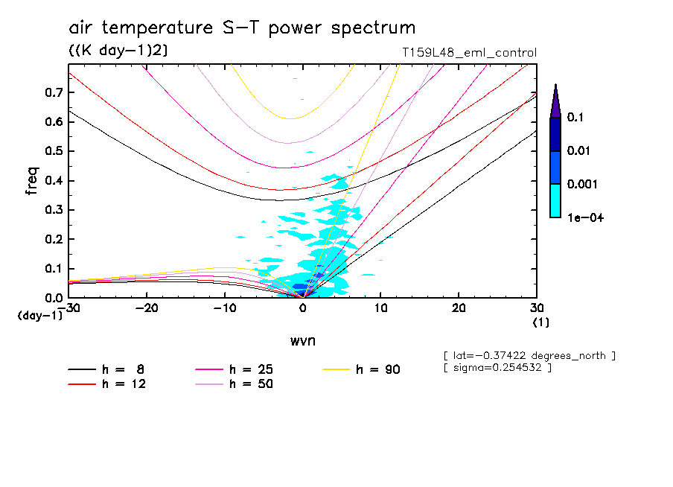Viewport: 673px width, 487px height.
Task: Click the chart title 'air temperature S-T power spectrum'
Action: point(242,29)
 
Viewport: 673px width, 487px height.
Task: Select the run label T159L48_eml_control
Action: point(468,53)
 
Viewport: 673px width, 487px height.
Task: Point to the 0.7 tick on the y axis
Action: point(52,92)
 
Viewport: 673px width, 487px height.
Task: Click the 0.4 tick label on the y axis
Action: point(52,181)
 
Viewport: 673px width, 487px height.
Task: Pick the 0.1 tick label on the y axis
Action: point(52,269)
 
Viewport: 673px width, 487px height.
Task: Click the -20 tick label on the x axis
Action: point(147,308)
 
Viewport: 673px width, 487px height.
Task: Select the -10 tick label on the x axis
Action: point(225,308)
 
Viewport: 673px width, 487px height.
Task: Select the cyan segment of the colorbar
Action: point(555,200)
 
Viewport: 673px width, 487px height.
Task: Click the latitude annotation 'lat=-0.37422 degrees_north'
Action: point(529,355)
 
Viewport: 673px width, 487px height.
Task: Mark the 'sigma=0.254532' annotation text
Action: point(497,368)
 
